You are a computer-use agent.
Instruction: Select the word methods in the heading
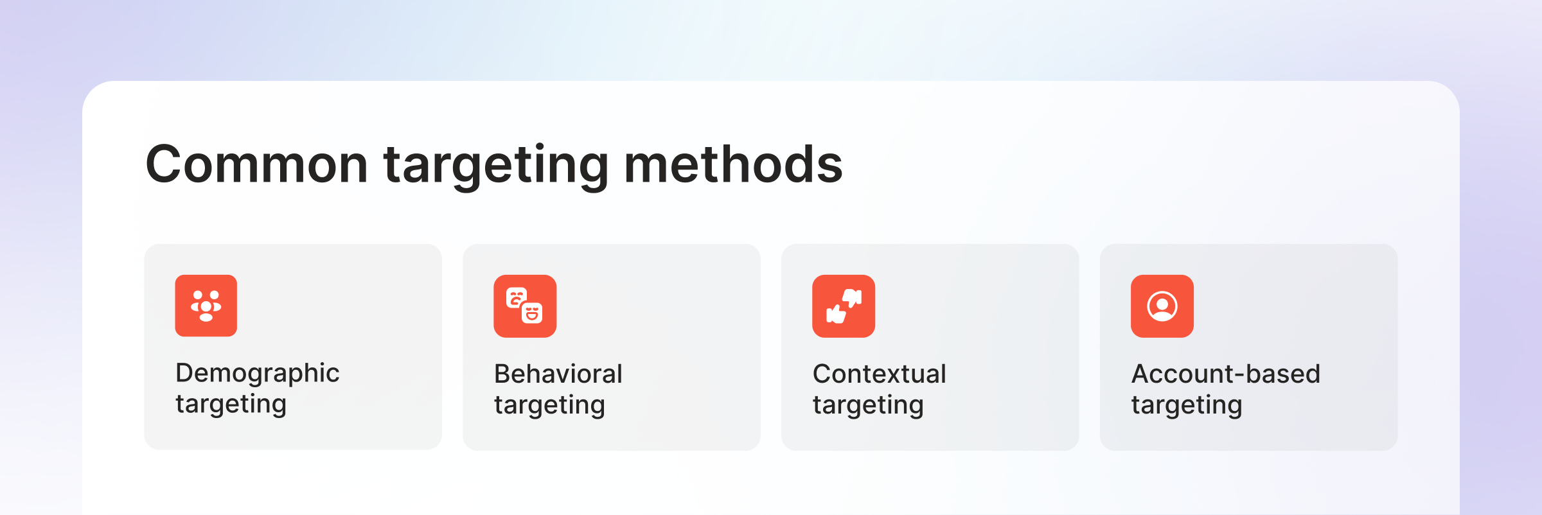pos(733,165)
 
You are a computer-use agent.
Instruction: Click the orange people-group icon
pos(206,306)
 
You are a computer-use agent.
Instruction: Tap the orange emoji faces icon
pos(525,306)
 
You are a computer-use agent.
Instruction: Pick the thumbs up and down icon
pos(844,306)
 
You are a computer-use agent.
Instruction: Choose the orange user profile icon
pos(1162,306)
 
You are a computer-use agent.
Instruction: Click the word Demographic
pos(257,373)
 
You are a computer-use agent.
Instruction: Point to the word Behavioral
pos(558,374)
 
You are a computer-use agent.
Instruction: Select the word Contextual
pos(879,374)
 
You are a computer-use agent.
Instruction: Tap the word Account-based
pos(1225,374)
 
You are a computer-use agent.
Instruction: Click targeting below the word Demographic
pos(231,405)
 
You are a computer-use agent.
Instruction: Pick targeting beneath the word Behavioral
pos(549,405)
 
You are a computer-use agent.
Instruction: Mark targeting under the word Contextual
pos(868,405)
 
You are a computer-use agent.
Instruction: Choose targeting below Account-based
pos(1187,405)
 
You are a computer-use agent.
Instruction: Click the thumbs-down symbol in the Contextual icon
pos(853,297)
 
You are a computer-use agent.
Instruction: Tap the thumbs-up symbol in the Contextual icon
pos(835,314)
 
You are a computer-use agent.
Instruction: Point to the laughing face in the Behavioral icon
pos(532,313)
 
